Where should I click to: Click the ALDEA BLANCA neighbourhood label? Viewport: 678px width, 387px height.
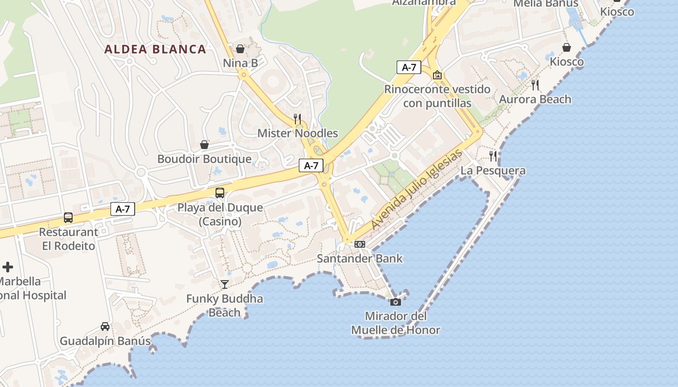(155, 49)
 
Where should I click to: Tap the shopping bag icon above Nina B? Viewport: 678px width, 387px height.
(240, 49)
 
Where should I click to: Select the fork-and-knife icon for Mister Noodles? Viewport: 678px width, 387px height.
(297, 119)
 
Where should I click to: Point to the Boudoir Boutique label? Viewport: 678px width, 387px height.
(204, 159)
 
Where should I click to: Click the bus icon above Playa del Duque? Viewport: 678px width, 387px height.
(219, 193)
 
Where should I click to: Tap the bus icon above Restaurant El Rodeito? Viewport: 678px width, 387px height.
(68, 218)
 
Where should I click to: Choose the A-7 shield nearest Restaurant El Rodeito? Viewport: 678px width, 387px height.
(123, 209)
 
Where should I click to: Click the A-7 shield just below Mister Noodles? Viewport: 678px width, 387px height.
(311, 165)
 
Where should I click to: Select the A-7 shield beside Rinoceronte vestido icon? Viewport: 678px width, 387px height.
(409, 67)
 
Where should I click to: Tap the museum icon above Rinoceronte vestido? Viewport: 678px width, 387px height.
(437, 75)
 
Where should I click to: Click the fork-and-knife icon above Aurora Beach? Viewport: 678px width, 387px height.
(535, 85)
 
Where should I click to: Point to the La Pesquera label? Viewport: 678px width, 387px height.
(493, 170)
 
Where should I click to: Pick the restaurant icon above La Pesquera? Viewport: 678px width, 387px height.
(493, 156)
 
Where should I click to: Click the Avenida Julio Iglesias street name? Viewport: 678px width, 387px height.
(416, 190)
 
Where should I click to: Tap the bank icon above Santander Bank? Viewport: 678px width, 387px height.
(359, 244)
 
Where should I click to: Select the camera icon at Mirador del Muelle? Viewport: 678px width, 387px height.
(396, 302)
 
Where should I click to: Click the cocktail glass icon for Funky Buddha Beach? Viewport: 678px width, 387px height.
(225, 284)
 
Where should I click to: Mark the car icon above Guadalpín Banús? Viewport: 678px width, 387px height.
(105, 327)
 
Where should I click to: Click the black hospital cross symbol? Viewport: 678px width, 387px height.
(8, 267)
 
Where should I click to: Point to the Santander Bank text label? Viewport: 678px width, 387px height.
(359, 258)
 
